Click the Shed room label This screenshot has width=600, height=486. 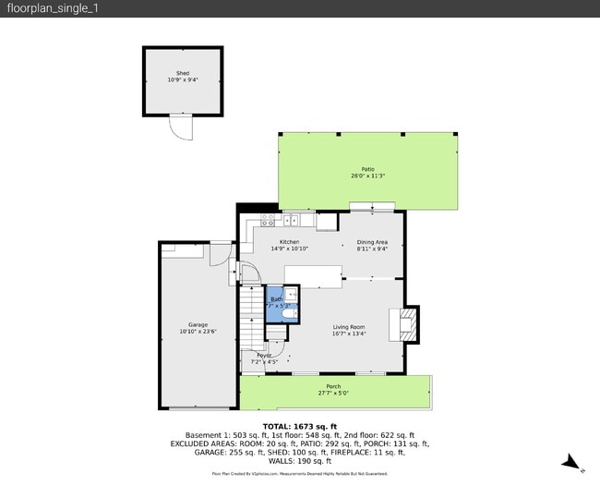tap(182, 73)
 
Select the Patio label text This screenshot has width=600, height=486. tap(367, 169)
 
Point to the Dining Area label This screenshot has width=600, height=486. tap(373, 242)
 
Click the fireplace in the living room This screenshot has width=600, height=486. tap(407, 322)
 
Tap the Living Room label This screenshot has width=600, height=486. tap(349, 326)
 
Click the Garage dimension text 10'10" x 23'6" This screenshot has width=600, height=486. tap(198, 332)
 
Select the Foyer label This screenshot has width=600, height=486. tap(264, 355)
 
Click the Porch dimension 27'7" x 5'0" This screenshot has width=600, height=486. tap(333, 393)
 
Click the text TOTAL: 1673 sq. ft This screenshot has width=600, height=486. tap(300, 426)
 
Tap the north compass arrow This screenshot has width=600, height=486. tap(572, 462)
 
